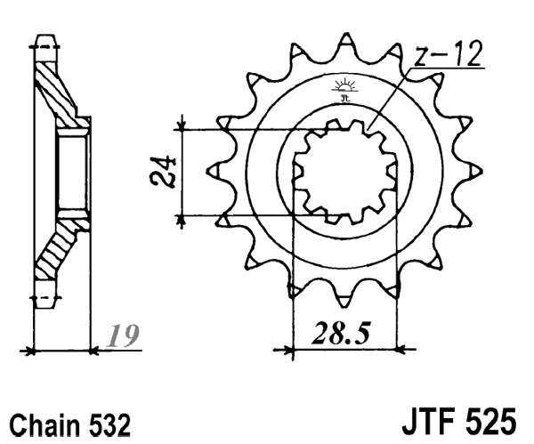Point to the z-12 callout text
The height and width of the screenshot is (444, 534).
(x=449, y=55)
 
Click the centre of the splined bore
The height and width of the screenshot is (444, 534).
(x=344, y=170)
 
